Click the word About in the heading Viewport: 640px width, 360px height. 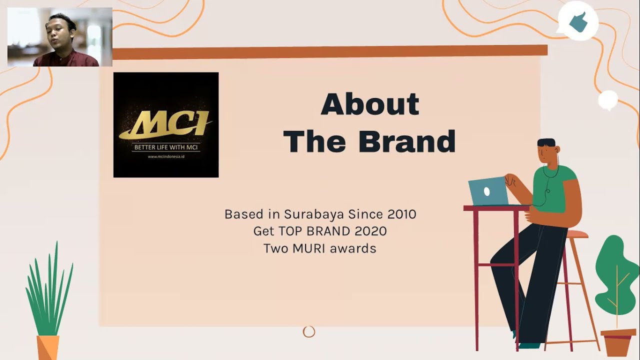(369, 104)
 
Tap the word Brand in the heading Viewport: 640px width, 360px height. (406, 141)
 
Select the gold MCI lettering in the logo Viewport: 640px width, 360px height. (165, 124)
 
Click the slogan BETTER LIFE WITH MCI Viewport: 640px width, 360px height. (166, 147)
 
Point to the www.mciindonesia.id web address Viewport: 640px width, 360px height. (166, 156)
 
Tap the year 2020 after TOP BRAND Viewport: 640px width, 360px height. (370, 231)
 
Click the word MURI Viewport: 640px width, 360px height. (319, 248)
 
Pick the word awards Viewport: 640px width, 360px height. (357, 248)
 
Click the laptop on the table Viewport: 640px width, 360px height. (487, 191)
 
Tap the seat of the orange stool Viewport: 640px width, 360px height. (575, 234)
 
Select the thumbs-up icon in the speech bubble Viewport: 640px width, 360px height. (578, 21)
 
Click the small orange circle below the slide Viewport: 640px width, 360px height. (309, 331)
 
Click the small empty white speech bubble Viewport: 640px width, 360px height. (608, 99)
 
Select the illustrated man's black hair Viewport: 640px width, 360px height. (546, 142)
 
